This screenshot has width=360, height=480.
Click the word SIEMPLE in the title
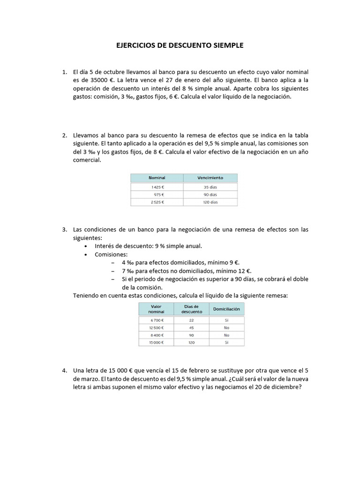(228, 45)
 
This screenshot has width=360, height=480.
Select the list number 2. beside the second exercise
(65, 135)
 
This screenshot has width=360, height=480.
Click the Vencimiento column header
(210, 178)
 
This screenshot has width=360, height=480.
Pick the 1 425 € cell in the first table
(157, 187)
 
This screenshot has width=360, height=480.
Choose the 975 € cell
(158, 194)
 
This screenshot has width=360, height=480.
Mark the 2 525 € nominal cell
(157, 202)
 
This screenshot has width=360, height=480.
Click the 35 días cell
(210, 187)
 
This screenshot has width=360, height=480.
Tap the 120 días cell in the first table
(210, 202)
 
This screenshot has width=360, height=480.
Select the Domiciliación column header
(226, 309)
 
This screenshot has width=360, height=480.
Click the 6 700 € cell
(156, 320)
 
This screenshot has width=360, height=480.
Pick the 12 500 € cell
(156, 327)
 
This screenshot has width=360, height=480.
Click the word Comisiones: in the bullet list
(111, 254)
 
